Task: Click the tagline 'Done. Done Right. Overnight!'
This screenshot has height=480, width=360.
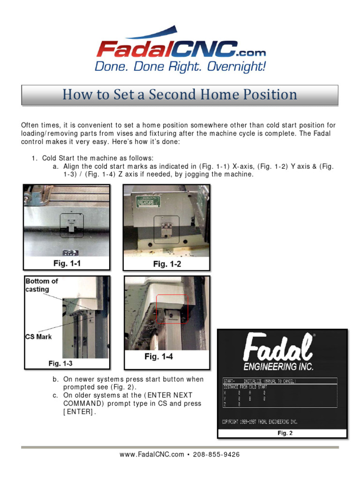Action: [x=180, y=67]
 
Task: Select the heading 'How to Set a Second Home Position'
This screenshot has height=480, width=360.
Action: [x=180, y=95]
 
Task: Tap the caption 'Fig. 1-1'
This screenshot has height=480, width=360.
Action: [x=67, y=263]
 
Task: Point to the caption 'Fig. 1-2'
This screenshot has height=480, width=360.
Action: [x=167, y=264]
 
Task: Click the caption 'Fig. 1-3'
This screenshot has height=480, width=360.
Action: [x=60, y=363]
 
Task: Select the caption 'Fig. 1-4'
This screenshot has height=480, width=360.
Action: [x=158, y=357]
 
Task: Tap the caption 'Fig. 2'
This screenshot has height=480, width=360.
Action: [x=285, y=433]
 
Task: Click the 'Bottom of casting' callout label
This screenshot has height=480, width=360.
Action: [x=42, y=285]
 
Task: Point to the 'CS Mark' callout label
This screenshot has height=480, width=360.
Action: [x=38, y=336]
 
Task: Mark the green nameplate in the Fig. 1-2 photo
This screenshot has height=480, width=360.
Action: [x=148, y=201]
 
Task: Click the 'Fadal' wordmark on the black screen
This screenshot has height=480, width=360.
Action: [x=278, y=348]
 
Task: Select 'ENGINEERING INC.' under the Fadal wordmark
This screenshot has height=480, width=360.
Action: [x=278, y=366]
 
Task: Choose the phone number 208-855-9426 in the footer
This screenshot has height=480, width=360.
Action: [x=216, y=454]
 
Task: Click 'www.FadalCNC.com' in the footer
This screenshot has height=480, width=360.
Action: [x=152, y=454]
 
